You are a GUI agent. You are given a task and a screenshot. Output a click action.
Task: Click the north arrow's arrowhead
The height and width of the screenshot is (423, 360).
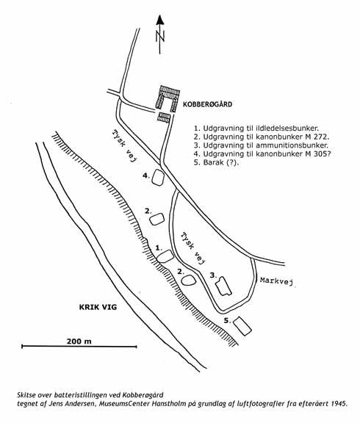[160, 20]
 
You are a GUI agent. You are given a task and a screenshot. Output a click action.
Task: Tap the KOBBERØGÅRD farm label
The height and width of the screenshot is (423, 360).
[207, 104]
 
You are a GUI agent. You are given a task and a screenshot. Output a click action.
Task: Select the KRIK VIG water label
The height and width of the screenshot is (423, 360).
[98, 307]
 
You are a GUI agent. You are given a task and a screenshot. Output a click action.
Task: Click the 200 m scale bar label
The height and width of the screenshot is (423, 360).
[79, 341]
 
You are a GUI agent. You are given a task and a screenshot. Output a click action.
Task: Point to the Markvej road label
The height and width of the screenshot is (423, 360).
[276, 281]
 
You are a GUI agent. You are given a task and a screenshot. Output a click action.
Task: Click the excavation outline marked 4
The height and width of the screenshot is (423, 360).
[158, 178]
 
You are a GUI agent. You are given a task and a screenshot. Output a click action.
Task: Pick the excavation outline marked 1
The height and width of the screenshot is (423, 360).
[165, 256]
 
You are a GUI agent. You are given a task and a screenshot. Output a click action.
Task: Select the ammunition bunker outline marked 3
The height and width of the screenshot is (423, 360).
[223, 286]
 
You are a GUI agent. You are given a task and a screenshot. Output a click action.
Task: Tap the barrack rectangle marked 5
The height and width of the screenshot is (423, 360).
[242, 326]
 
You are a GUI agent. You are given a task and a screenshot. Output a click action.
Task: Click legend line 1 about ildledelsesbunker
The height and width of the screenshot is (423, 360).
[256, 128]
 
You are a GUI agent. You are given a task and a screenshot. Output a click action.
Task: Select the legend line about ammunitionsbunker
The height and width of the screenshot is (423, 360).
[261, 145]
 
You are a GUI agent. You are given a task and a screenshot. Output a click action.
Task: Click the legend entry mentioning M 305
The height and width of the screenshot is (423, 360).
[262, 153]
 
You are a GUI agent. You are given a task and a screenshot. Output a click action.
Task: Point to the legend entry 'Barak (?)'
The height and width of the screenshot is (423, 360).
[217, 162]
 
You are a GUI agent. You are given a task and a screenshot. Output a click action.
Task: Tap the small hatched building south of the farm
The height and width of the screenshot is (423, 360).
[164, 117]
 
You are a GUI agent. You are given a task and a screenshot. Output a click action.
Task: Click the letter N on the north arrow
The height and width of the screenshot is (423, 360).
[160, 36]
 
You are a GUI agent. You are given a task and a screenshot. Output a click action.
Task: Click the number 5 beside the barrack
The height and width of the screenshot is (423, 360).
[226, 320]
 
